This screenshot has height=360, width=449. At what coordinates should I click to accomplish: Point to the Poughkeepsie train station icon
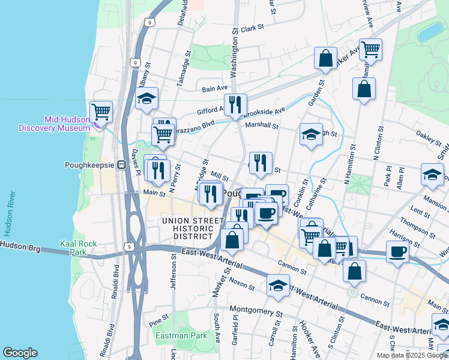tap(121, 164)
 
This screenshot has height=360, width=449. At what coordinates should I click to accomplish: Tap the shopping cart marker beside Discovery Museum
tap(101, 112)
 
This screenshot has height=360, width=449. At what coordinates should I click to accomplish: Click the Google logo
tap(20, 353)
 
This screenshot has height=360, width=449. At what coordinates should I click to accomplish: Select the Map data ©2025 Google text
tap(412, 355)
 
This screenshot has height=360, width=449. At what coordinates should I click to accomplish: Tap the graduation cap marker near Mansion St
tap(432, 175)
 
